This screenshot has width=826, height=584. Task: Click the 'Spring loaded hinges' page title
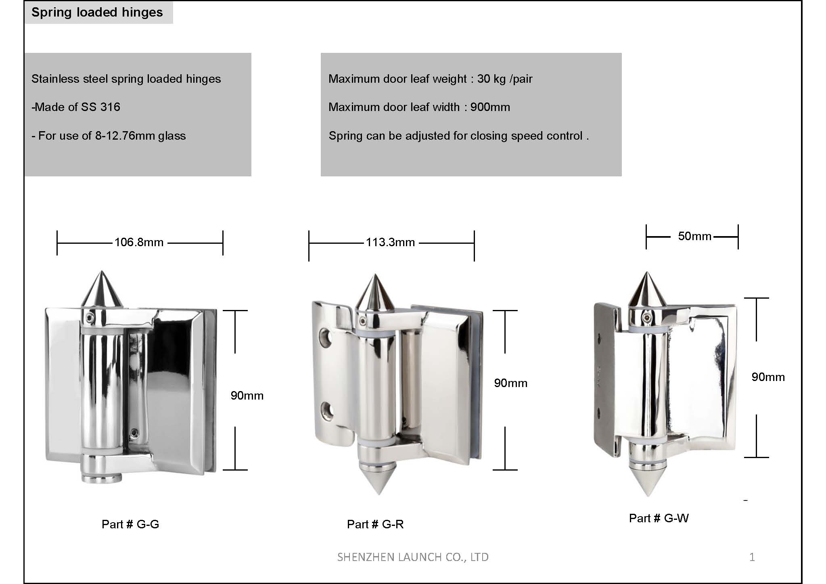pyautogui.click(x=97, y=13)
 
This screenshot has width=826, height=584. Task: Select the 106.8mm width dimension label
pyautogui.click(x=139, y=242)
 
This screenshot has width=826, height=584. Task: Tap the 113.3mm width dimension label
pyautogui.click(x=390, y=242)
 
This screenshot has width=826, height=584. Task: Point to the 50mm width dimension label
pyautogui.click(x=694, y=236)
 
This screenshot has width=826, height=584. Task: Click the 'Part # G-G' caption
pyautogui.click(x=130, y=524)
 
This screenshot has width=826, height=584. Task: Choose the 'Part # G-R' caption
pyautogui.click(x=375, y=524)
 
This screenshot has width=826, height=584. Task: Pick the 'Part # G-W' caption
pyautogui.click(x=659, y=518)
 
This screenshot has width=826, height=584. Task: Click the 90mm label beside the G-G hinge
pyautogui.click(x=247, y=396)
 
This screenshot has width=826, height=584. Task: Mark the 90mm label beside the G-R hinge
pyautogui.click(x=511, y=383)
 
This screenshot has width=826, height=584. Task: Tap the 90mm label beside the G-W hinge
pyautogui.click(x=768, y=377)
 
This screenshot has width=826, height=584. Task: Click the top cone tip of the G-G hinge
pyautogui.click(x=101, y=272)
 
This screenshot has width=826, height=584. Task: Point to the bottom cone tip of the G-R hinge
pyautogui.click(x=378, y=494)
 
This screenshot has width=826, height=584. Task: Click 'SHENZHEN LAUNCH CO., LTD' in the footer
pyautogui.click(x=413, y=557)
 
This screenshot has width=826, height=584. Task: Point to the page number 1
pyautogui.click(x=752, y=557)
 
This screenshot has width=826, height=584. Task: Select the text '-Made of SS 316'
pyautogui.click(x=76, y=107)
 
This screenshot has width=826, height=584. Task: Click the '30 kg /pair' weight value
pyautogui.click(x=505, y=79)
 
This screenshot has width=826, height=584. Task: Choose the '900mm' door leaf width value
pyautogui.click(x=490, y=107)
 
